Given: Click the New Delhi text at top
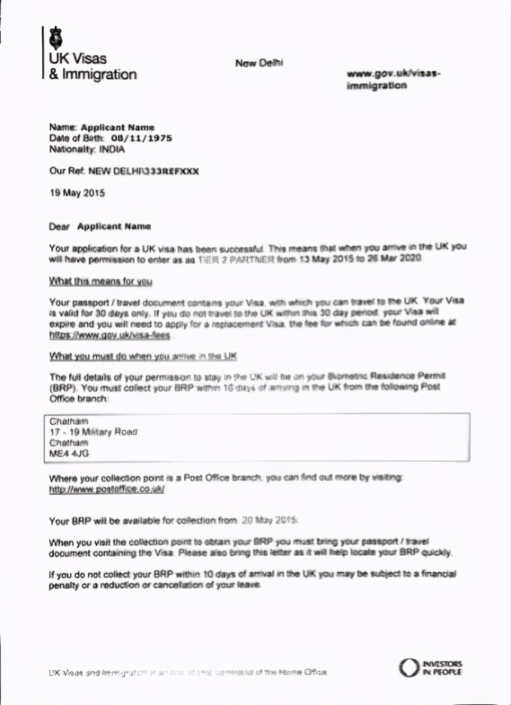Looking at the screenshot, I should click(x=259, y=63).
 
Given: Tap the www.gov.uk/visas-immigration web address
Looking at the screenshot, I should click(x=393, y=79).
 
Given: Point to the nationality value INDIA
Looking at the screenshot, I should click(x=111, y=149).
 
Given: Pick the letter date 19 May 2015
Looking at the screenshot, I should click(x=77, y=192).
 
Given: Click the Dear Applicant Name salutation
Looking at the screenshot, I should click(x=100, y=226).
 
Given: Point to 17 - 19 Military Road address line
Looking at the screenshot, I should click(x=93, y=432).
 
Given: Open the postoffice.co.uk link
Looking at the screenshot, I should click(x=107, y=489).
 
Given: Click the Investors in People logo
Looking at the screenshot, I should click(x=430, y=668).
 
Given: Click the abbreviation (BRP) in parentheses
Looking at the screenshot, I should click(x=62, y=388).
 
